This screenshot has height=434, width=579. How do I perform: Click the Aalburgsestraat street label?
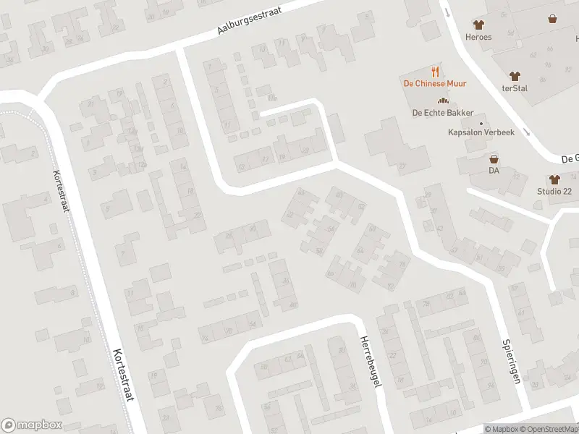point(248,19)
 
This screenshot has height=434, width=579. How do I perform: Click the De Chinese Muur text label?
point(434,83)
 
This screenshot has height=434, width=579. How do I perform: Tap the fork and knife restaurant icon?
point(435,71)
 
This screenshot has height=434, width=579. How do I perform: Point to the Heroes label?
point(478,37)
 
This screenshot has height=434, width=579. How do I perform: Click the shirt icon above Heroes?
point(478,25)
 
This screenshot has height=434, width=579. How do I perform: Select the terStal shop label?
point(515,88)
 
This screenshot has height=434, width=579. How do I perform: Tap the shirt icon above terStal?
point(515,75)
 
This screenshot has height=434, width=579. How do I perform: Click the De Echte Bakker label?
point(443,113)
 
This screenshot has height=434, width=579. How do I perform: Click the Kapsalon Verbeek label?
point(481,133)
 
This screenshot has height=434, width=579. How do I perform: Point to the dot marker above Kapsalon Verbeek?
point(481,123)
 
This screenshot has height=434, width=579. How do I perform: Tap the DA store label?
point(494,171)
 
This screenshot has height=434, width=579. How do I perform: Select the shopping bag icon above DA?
point(494,158)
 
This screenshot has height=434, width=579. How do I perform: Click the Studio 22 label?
point(554,191)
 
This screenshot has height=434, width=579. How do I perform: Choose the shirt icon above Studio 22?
point(554,179)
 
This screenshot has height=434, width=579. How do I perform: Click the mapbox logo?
point(31,425)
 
